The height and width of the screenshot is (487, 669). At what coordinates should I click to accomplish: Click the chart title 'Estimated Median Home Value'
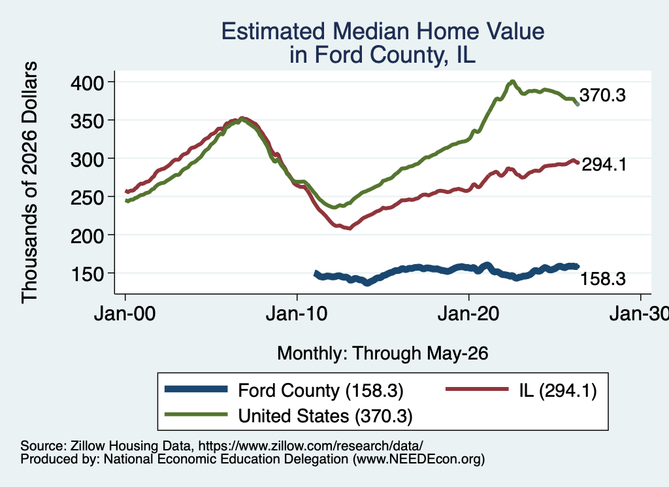pos(383,31)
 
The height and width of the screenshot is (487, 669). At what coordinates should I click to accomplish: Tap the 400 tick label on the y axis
pos(87,83)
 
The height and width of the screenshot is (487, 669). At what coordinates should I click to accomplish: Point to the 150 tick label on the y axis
pos(87,274)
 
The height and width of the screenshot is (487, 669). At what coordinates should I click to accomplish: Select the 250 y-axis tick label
pos(87,197)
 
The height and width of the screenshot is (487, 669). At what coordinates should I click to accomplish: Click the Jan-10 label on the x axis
pos(297,314)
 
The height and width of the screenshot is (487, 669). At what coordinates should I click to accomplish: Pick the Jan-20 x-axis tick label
pos(468,314)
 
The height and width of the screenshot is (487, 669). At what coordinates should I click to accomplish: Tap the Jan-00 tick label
pos(125,314)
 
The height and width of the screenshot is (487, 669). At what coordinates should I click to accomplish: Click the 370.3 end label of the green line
pos(602,95)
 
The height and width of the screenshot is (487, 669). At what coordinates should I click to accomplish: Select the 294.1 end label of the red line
pos(604,164)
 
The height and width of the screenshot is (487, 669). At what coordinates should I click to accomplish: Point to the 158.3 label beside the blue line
pos(603,278)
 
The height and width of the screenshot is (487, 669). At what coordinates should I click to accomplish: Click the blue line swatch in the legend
pos(196,389)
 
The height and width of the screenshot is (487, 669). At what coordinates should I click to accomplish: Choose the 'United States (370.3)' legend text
pos(325,416)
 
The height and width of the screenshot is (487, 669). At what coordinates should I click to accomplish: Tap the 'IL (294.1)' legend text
pos(558,390)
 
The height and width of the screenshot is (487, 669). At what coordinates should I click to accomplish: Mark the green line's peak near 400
pos(512,81)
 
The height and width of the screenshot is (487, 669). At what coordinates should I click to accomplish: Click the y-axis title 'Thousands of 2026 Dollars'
pos(29,182)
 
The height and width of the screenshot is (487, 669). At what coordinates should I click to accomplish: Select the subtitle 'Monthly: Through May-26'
pos(383,354)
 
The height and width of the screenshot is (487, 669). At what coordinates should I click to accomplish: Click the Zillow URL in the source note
pos(310,446)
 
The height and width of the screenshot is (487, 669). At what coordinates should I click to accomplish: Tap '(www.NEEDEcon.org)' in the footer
pos(419,460)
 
